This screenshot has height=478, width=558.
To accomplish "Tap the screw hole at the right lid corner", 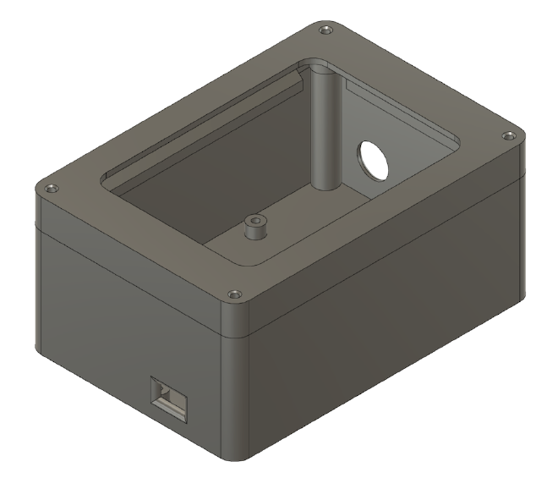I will point(507,135).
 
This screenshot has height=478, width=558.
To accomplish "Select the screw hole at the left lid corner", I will point(52,188).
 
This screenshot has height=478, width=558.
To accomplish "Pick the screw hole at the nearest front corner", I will point(232,294).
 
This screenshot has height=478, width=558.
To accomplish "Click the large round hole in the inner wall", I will point(372,160).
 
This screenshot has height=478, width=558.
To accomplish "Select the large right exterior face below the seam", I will point(380,338).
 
